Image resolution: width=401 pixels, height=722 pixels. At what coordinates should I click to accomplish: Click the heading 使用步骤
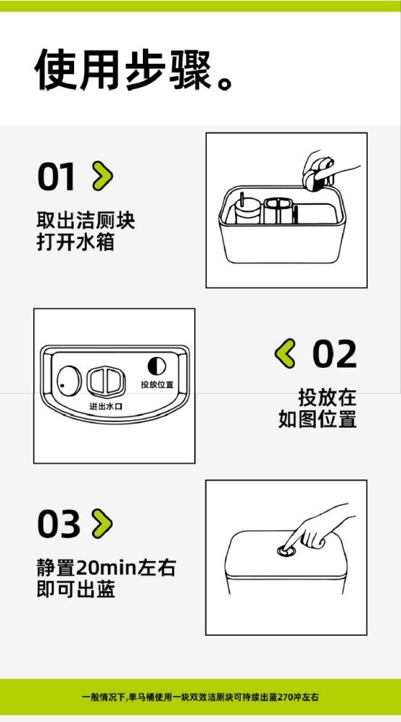coord(123,69)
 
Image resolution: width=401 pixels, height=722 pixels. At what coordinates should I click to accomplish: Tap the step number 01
coord(56,177)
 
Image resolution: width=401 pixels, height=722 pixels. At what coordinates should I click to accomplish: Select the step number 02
coord(335,354)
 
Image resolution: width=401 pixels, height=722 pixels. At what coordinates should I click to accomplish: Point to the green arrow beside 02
coord(285,353)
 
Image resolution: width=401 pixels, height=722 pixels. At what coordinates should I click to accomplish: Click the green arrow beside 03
coord(103,524)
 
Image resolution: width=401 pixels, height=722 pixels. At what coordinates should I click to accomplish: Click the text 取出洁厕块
coord(86,221)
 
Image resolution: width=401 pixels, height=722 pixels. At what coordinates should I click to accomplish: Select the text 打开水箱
coord(75,243)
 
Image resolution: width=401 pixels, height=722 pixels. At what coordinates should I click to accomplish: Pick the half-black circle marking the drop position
coord(157,366)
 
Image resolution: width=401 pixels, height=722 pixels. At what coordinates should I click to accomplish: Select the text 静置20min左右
coord(106,568)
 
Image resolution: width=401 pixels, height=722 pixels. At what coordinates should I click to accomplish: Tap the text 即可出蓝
coord(75,590)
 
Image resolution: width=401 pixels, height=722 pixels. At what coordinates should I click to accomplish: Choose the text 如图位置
coord(317,419)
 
